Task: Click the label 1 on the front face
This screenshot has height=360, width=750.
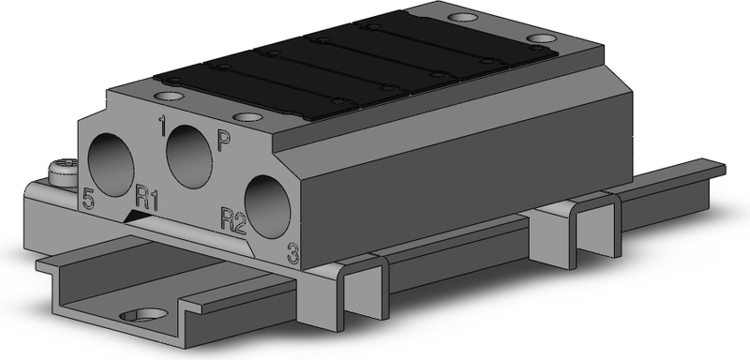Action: (162, 126)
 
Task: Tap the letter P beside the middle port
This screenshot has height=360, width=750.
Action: (223, 141)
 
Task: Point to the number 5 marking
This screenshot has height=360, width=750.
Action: (88, 199)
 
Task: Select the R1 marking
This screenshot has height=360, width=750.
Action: (147, 197)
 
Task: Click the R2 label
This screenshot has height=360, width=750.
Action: (233, 221)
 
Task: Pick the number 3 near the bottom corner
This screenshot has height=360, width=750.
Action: (292, 253)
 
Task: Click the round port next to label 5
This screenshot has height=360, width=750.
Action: (111, 165)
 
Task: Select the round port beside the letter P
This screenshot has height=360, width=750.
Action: (189, 157)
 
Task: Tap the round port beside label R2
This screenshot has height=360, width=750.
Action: (267, 206)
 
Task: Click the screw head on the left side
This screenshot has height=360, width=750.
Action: (64, 172)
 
